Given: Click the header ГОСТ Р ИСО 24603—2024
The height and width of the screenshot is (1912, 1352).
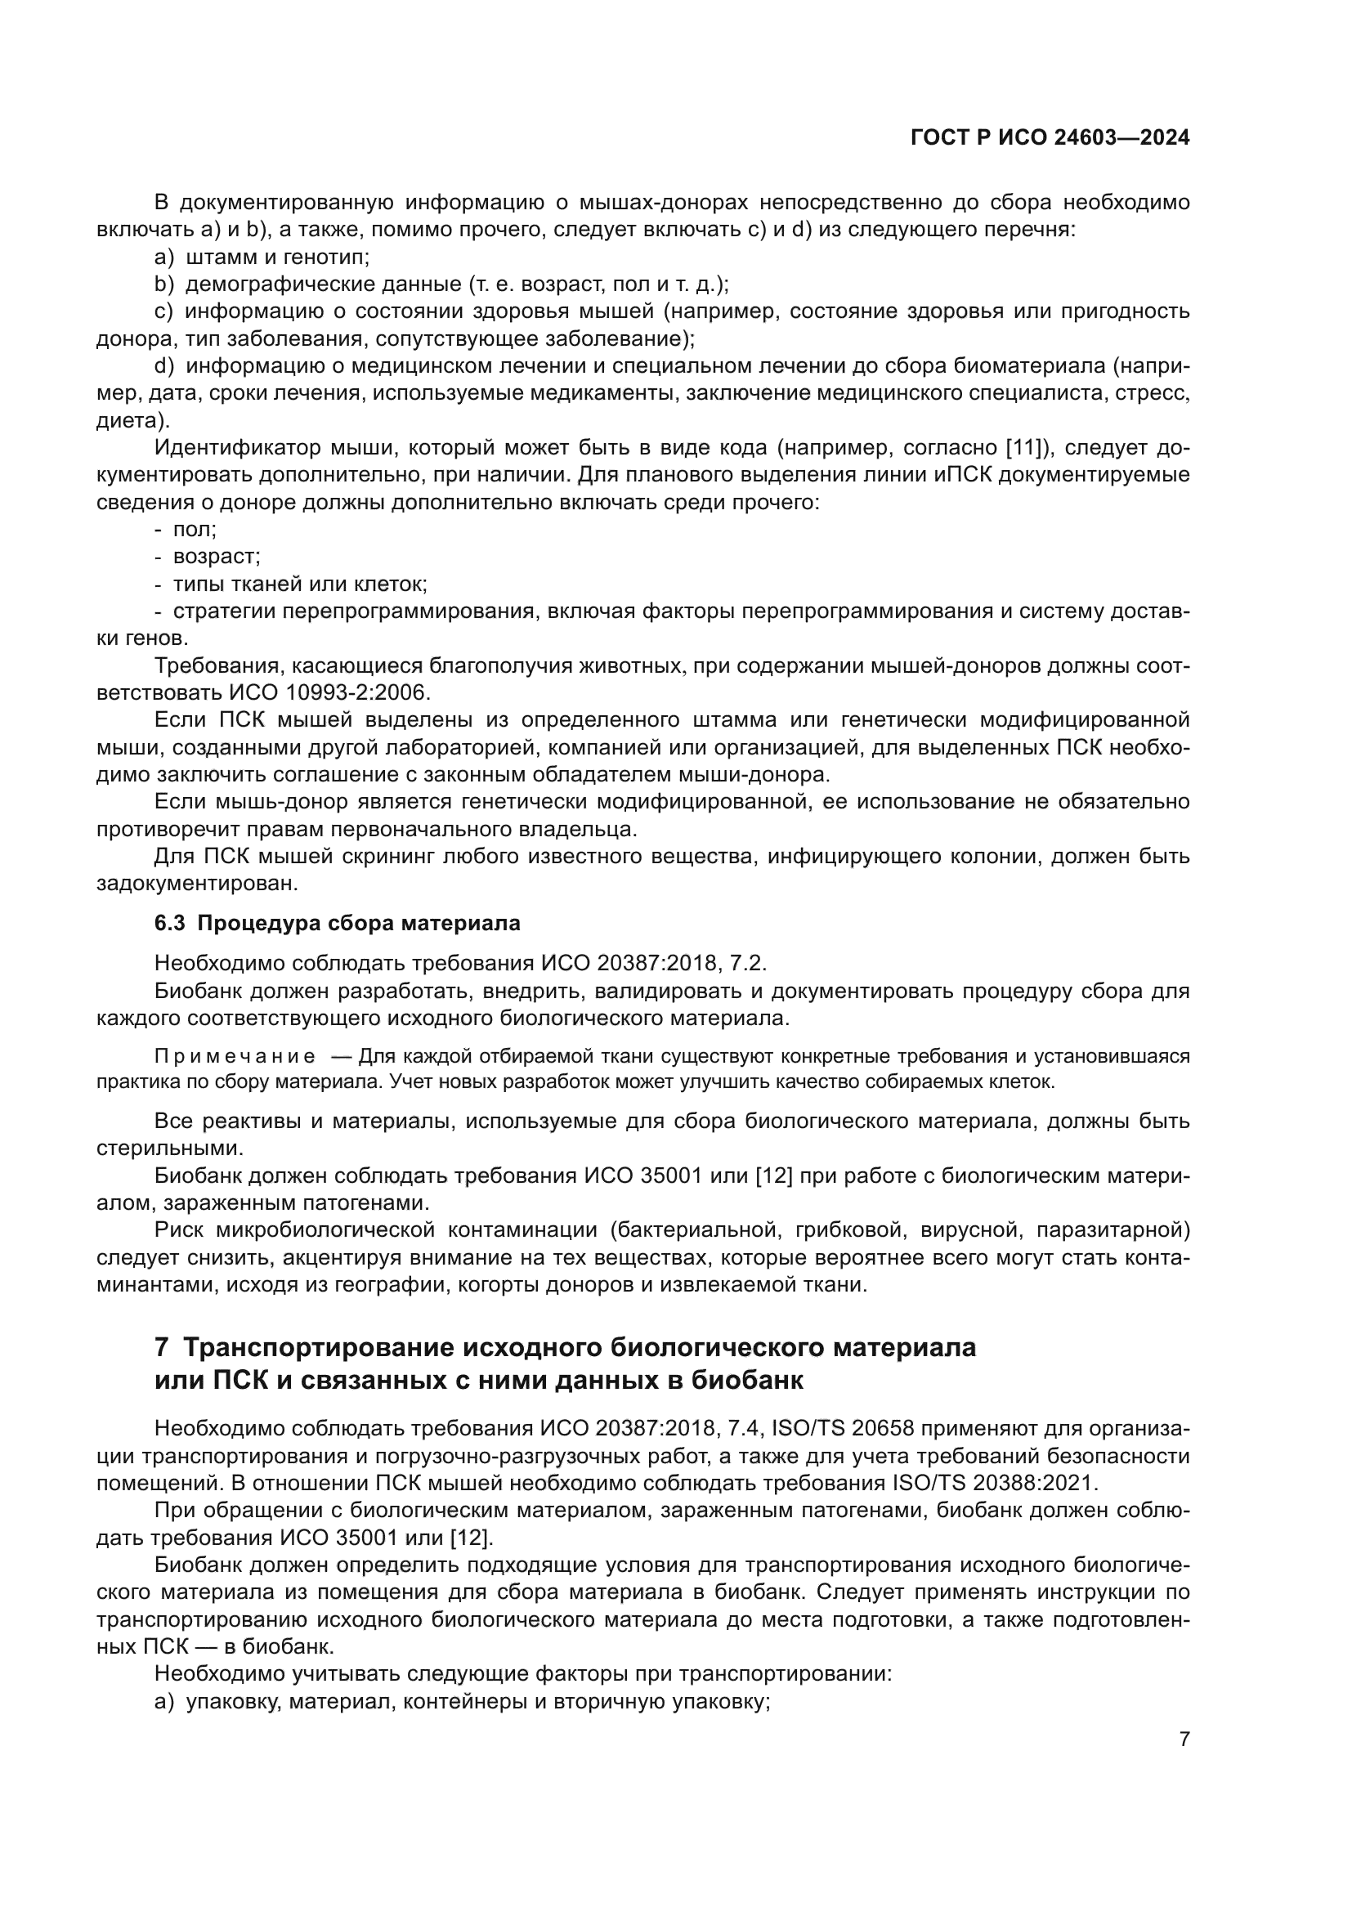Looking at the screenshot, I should click(1050, 137).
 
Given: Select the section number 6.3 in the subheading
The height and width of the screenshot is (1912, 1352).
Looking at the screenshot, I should click(170, 923).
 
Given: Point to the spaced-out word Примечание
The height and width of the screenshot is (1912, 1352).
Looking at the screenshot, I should click(235, 1057).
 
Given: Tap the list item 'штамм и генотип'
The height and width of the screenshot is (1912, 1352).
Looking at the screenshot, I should click(276, 257).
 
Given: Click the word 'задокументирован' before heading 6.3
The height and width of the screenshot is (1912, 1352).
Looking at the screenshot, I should click(196, 883).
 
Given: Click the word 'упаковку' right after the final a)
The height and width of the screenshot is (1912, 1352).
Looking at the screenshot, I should click(226, 1702).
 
